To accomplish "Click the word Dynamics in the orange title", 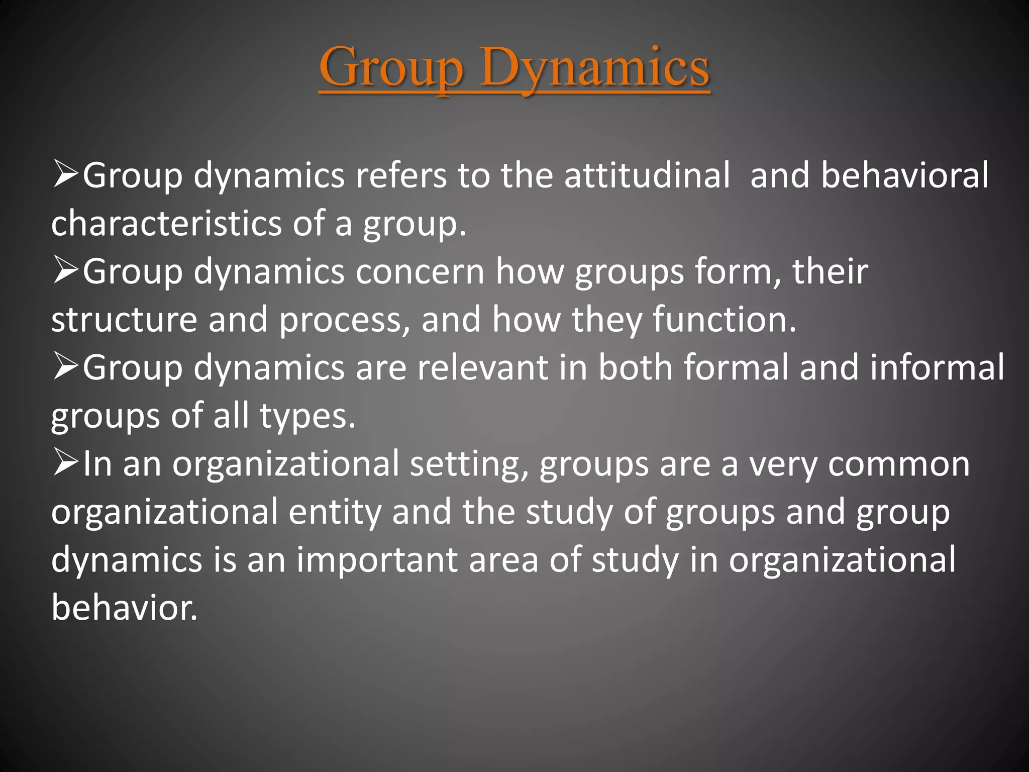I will [x=594, y=68].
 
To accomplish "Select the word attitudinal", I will [x=647, y=175].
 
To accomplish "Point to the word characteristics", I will [x=166, y=223].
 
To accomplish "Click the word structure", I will [x=124, y=320].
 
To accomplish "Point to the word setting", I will [x=469, y=465].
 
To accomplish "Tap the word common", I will [x=899, y=465].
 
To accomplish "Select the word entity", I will [x=335, y=513].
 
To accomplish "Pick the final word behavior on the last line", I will [x=124, y=608].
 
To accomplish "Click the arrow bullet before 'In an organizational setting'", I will [x=65, y=462].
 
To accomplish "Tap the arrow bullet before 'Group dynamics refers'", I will [x=65, y=174].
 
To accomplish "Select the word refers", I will [x=401, y=175].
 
